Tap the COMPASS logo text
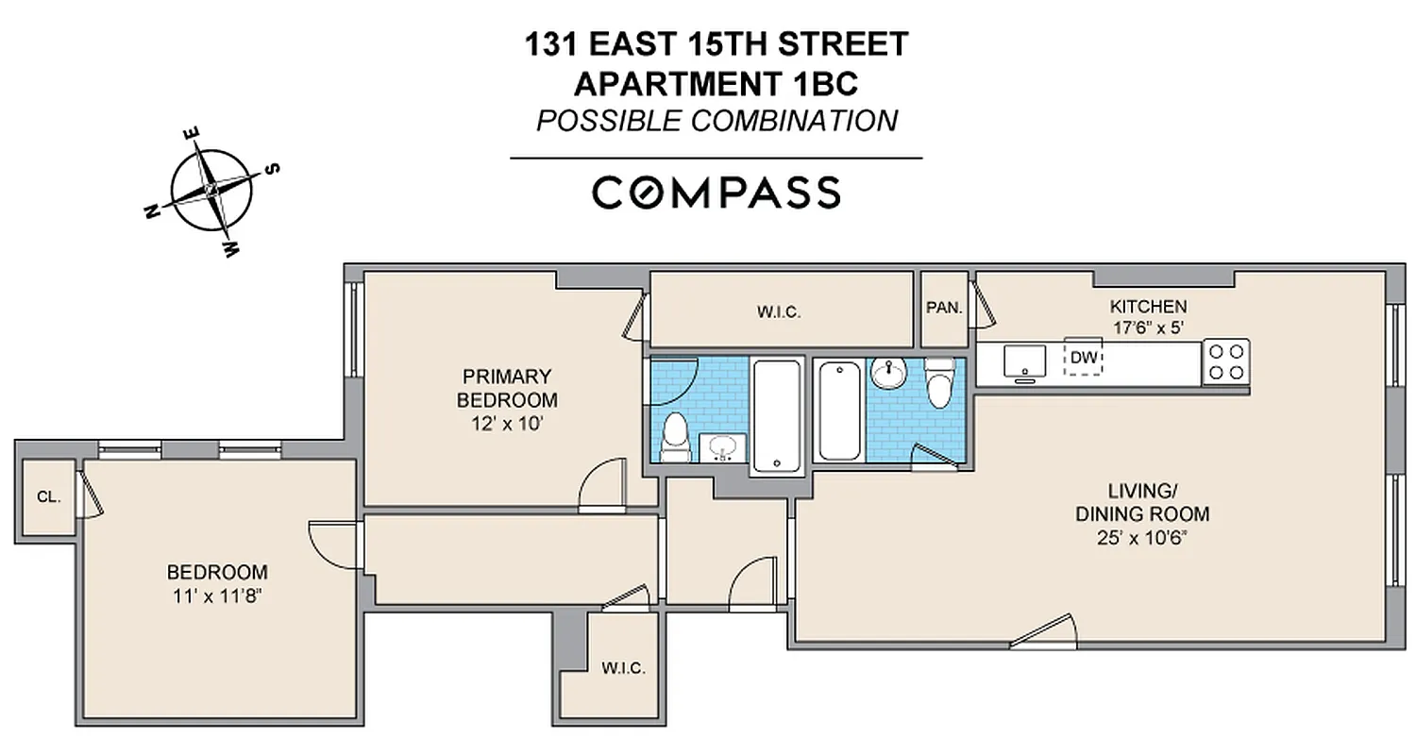(716, 193)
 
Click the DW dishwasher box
(1084, 357)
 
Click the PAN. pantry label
(944, 308)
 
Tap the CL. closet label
(48, 497)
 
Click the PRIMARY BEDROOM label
(507, 387)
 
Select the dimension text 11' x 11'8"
(216, 596)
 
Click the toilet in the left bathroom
(675, 437)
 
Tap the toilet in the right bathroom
(939, 384)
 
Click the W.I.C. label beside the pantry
(778, 312)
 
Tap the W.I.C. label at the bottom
(623, 668)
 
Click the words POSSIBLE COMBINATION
(716, 121)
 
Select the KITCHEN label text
(1147, 307)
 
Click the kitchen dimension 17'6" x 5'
(1147, 327)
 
